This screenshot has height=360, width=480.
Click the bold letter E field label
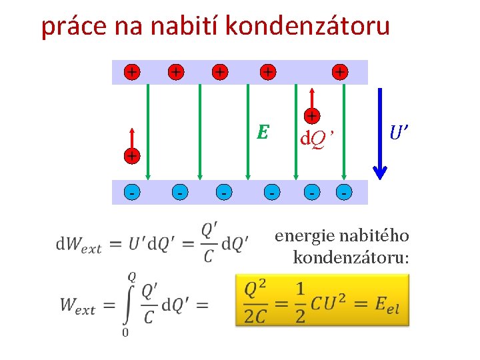[x=263, y=133]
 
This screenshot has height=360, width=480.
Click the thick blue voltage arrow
[x=379, y=133]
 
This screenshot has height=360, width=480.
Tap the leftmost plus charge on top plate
[x=134, y=71]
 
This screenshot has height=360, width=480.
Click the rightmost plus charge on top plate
[x=340, y=71]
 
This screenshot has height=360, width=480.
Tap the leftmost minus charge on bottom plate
[x=133, y=192]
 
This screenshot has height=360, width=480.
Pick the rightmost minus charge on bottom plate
[x=344, y=192]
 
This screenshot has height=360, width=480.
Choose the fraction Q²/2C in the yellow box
[x=255, y=303]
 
